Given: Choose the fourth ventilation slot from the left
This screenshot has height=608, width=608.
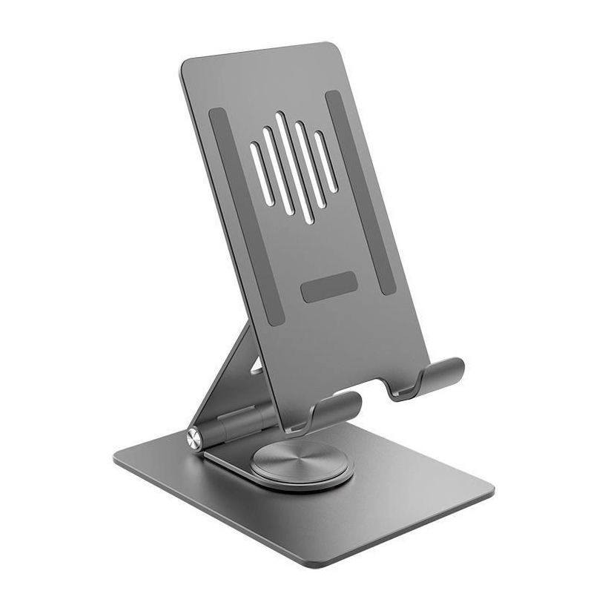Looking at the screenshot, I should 309,165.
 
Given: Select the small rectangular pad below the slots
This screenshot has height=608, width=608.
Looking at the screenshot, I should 328,286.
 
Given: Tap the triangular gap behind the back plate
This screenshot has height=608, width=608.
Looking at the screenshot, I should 256,365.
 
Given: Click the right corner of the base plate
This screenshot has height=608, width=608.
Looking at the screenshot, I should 489,491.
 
